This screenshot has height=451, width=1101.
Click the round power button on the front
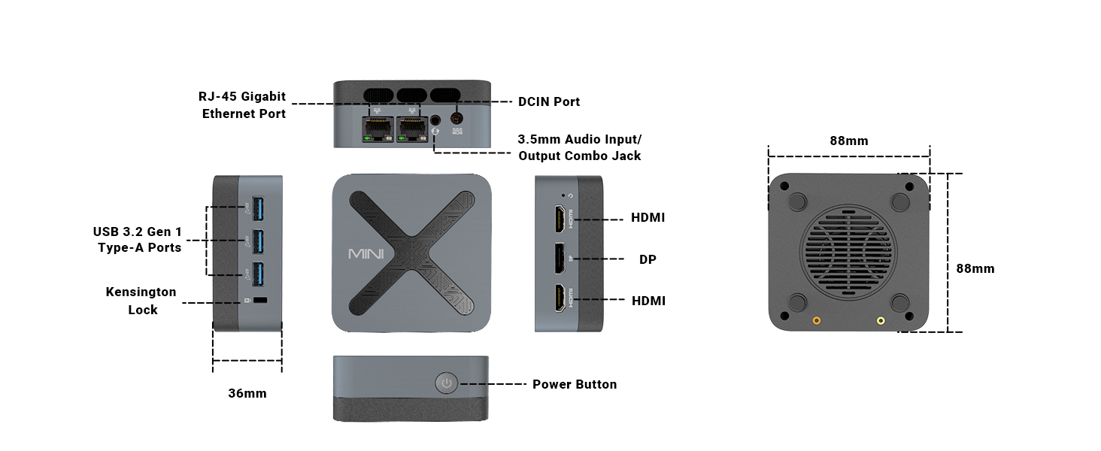(x=447, y=383)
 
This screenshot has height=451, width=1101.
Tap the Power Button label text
(x=575, y=384)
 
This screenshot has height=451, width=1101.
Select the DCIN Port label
(x=549, y=101)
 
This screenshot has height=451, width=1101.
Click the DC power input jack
(x=456, y=118)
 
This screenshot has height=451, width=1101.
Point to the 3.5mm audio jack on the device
(x=435, y=120)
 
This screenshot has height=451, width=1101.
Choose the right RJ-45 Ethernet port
(x=411, y=129)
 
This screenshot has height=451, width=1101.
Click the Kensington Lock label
(x=141, y=301)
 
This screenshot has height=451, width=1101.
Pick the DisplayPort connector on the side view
(x=561, y=259)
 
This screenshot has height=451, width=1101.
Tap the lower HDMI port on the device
(x=561, y=300)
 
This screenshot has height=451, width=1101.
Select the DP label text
(x=648, y=259)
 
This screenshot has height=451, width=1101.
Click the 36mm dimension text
(x=247, y=393)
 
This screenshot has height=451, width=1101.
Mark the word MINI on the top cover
(x=366, y=253)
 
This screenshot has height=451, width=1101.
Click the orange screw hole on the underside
(x=817, y=321)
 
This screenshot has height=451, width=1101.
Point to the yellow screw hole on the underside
(x=881, y=321)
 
